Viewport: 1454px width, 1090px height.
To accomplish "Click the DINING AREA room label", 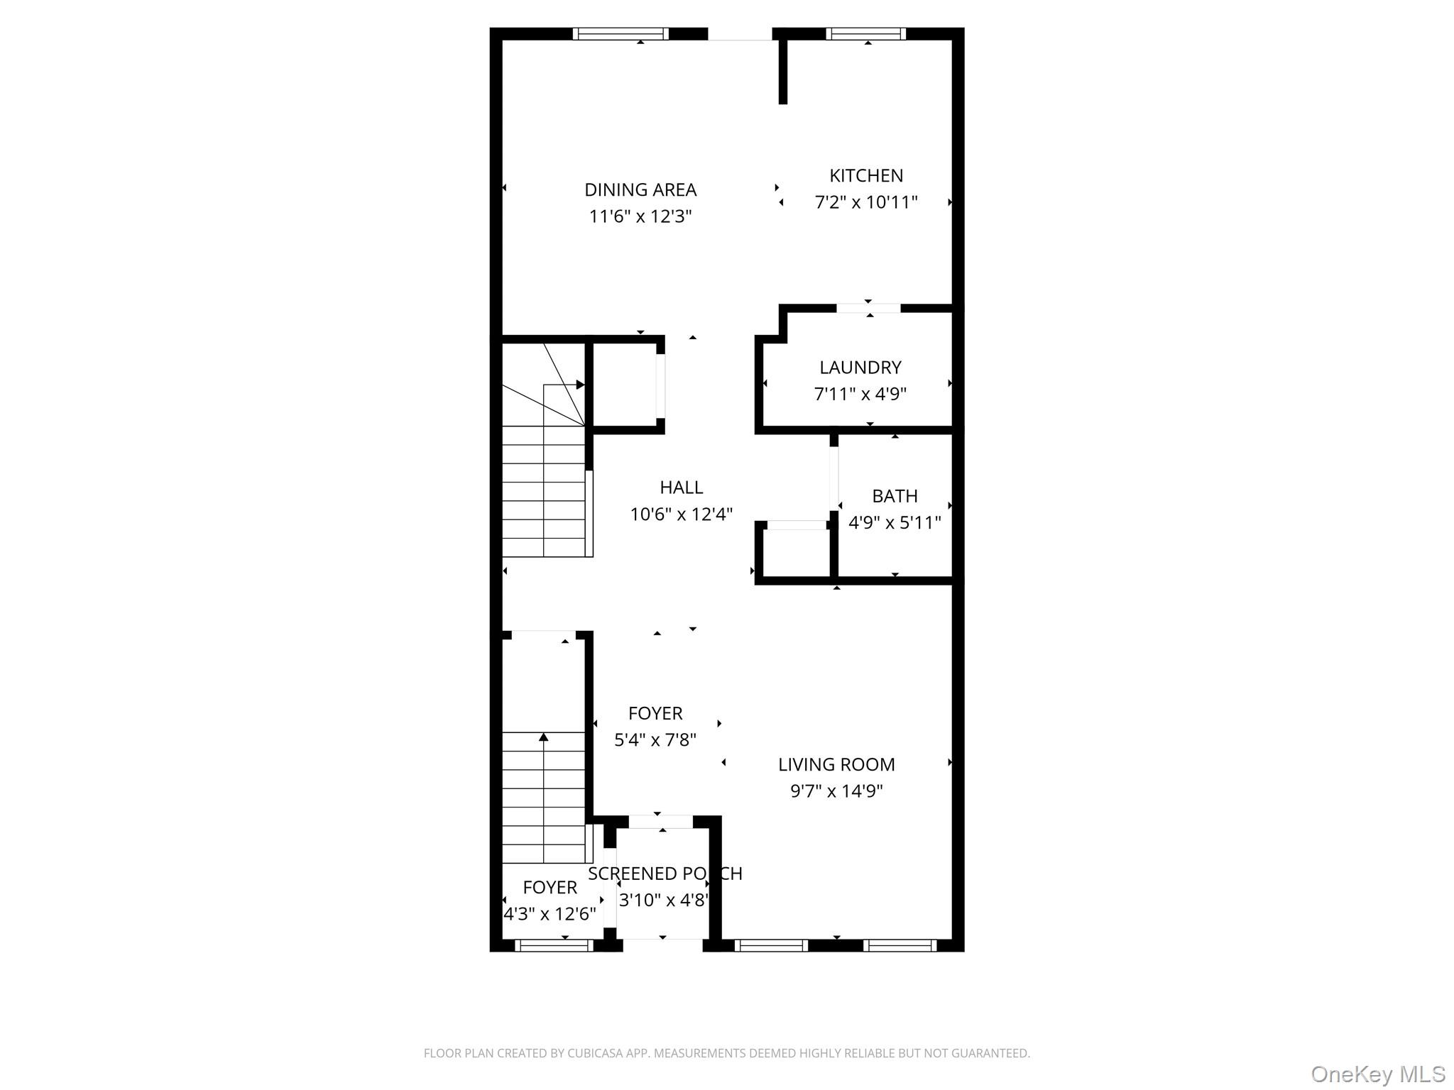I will pos(640,190).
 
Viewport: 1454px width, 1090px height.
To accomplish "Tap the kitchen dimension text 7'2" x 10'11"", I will pos(865,202).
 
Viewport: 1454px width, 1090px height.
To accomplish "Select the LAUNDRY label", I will pos(860,368).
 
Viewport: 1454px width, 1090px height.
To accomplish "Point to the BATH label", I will pos(895,496).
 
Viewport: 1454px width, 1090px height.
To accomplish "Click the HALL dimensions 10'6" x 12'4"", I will pos(681,514).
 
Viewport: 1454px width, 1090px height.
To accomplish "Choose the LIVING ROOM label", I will pos(836,764).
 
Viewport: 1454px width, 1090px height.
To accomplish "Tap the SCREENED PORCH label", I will pos(665,874).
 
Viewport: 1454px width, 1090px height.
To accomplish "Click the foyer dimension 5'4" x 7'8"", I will pos(655,740).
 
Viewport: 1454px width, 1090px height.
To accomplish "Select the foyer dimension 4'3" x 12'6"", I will pos(550,914).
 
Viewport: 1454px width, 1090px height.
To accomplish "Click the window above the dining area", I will pos(621,33).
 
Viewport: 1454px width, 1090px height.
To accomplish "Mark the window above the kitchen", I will pos(865,33).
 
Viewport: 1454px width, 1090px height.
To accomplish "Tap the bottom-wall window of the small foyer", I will pos(554,945).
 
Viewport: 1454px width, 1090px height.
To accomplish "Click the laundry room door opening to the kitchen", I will pos(868,309).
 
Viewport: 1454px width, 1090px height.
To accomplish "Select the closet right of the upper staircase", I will pos(625,385).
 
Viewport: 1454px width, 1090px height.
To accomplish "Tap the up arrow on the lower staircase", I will pos(544,738).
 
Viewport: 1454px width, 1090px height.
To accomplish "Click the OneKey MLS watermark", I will pos(1377,1074).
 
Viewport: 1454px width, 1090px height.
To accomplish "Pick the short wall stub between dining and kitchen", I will pos(783,71).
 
